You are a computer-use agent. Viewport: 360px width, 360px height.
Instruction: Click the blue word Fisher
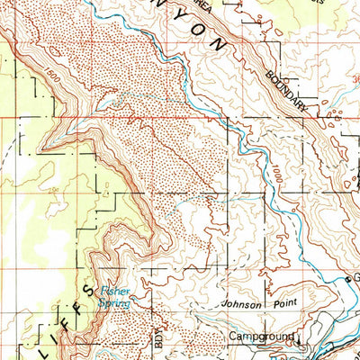(x=114, y=290)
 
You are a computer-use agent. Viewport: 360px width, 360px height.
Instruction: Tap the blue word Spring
(x=114, y=304)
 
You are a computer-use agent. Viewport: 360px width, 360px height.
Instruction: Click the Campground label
(x=260, y=337)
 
